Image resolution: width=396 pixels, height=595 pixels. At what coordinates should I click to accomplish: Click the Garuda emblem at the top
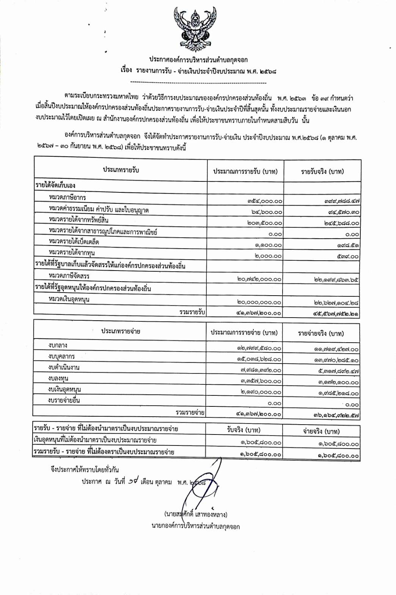click(x=195, y=29)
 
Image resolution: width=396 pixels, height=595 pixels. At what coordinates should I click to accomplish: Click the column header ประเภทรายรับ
click(x=121, y=170)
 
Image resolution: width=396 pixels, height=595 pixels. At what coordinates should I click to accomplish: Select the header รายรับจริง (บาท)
click(x=322, y=172)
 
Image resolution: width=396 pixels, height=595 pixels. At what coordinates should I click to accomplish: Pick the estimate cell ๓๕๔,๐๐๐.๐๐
click(x=265, y=201)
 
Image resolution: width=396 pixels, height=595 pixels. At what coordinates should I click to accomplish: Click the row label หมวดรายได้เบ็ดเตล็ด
click(x=74, y=241)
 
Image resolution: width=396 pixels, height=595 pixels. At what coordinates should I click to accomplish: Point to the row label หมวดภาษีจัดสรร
click(x=69, y=275)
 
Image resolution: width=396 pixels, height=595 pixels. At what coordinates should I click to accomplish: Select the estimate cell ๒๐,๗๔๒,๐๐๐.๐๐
click(x=259, y=279)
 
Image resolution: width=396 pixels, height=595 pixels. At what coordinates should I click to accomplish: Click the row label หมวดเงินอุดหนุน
click(x=69, y=299)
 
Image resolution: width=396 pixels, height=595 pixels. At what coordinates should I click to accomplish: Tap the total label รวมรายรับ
click(x=192, y=312)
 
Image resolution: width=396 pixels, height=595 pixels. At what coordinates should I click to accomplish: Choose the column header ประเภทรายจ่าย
click(x=121, y=331)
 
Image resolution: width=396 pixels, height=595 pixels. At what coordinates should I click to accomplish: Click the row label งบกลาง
click(x=58, y=345)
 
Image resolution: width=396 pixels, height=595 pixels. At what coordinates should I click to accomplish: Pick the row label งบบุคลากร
click(x=61, y=356)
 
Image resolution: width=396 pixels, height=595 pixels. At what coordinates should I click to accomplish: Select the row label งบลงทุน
click(x=58, y=378)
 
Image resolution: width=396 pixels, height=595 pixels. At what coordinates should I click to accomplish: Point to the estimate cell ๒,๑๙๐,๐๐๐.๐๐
click(x=261, y=392)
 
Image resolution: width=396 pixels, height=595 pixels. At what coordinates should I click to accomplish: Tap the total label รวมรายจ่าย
click(x=190, y=412)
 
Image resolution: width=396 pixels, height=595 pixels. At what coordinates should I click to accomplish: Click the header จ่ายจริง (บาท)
click(x=321, y=431)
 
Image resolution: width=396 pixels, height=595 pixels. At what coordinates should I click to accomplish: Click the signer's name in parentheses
click(x=196, y=515)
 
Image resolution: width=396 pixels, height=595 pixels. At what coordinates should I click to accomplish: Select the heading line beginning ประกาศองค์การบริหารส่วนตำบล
click(x=198, y=60)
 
